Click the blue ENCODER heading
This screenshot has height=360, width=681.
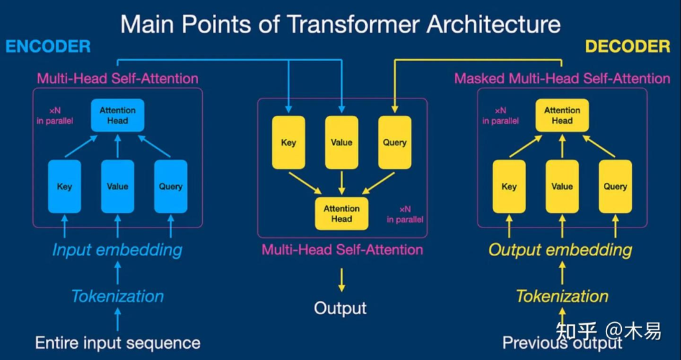tap(48, 46)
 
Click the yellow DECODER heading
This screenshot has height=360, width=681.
tap(628, 46)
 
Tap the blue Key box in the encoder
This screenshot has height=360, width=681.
tap(65, 186)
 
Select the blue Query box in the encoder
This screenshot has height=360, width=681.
tap(171, 186)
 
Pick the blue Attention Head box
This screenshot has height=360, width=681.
tap(117, 115)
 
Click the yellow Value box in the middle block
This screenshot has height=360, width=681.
tap(342, 142)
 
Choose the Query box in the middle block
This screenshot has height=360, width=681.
tap(395, 142)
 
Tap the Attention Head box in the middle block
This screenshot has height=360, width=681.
tap(342, 214)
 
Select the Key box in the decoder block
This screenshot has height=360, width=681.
tap(509, 186)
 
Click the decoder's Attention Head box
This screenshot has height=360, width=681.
tap(563, 115)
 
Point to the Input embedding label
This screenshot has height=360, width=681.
tap(117, 250)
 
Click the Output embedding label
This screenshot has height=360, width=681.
tap(561, 250)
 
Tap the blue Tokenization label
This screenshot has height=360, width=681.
tap(117, 297)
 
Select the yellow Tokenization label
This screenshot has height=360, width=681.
tap(563, 297)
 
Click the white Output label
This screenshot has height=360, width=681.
tap(340, 308)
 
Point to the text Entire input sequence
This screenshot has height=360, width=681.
tap(118, 343)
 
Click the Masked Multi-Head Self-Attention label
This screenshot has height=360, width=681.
tap(562, 79)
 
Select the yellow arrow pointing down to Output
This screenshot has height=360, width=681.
tap(342, 280)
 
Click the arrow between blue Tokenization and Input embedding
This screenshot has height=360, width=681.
tap(117, 273)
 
